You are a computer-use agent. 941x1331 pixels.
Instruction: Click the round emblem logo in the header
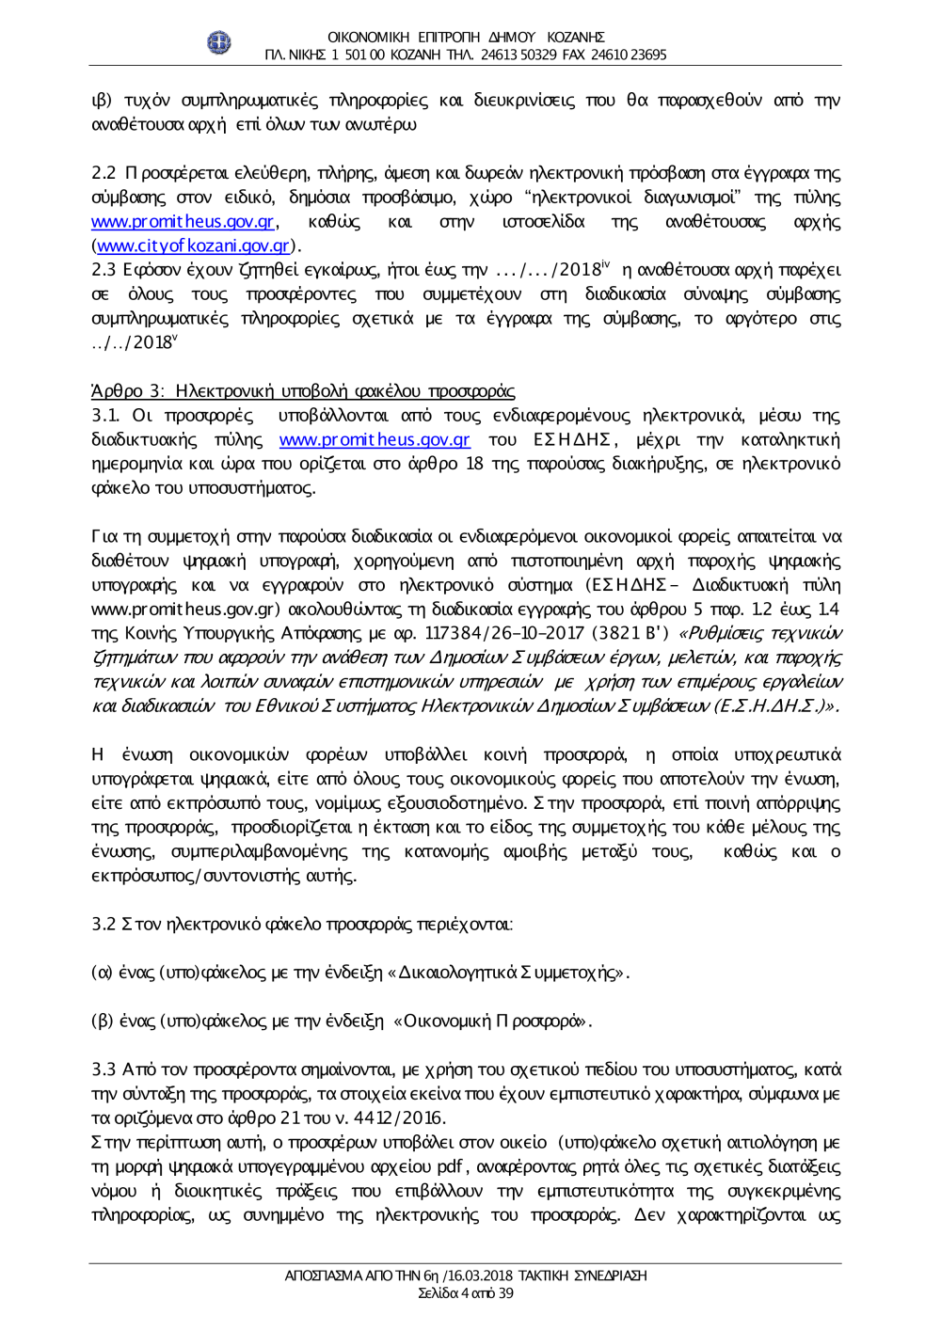[218, 42]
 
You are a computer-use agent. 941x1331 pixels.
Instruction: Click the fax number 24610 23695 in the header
[629, 55]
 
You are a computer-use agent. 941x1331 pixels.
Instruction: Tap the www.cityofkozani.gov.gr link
[193, 246]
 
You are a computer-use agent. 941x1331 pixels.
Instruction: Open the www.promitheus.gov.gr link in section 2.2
[183, 222]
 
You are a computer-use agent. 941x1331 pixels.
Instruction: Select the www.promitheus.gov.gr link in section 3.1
[375, 440]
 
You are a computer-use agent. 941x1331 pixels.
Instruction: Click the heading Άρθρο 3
[303, 391]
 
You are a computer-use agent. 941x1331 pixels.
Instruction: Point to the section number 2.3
[104, 271]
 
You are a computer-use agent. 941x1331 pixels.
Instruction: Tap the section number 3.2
[104, 925]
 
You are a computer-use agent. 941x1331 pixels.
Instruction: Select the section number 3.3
[104, 1070]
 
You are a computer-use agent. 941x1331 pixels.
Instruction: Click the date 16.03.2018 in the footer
[479, 1276]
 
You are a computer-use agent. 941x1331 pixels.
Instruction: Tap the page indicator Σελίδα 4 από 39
[466, 1293]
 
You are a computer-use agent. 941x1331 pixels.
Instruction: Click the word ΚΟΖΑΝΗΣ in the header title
[574, 38]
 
